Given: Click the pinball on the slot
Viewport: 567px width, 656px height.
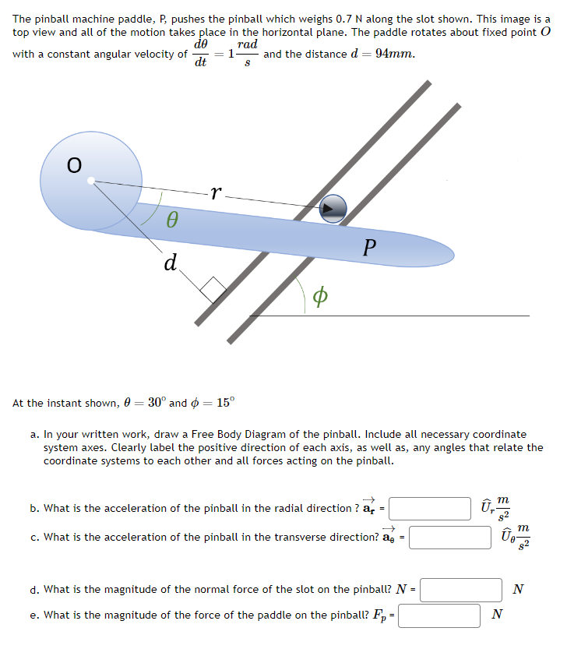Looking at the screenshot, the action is point(333,206).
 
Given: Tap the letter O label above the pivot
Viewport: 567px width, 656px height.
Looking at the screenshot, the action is point(73,165).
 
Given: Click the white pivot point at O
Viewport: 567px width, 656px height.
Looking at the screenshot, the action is point(91,182).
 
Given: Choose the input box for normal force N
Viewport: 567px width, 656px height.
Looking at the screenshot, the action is point(461,590).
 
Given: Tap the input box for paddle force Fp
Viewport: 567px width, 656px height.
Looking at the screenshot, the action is point(440,615).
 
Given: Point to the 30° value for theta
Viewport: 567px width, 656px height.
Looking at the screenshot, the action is point(156,403).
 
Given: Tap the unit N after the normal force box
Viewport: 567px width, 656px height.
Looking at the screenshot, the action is point(519,590).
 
